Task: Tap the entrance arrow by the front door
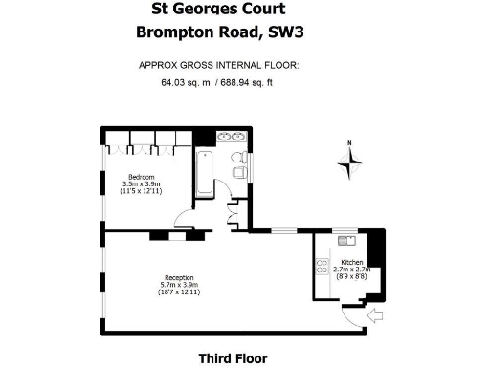coord(374,313)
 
